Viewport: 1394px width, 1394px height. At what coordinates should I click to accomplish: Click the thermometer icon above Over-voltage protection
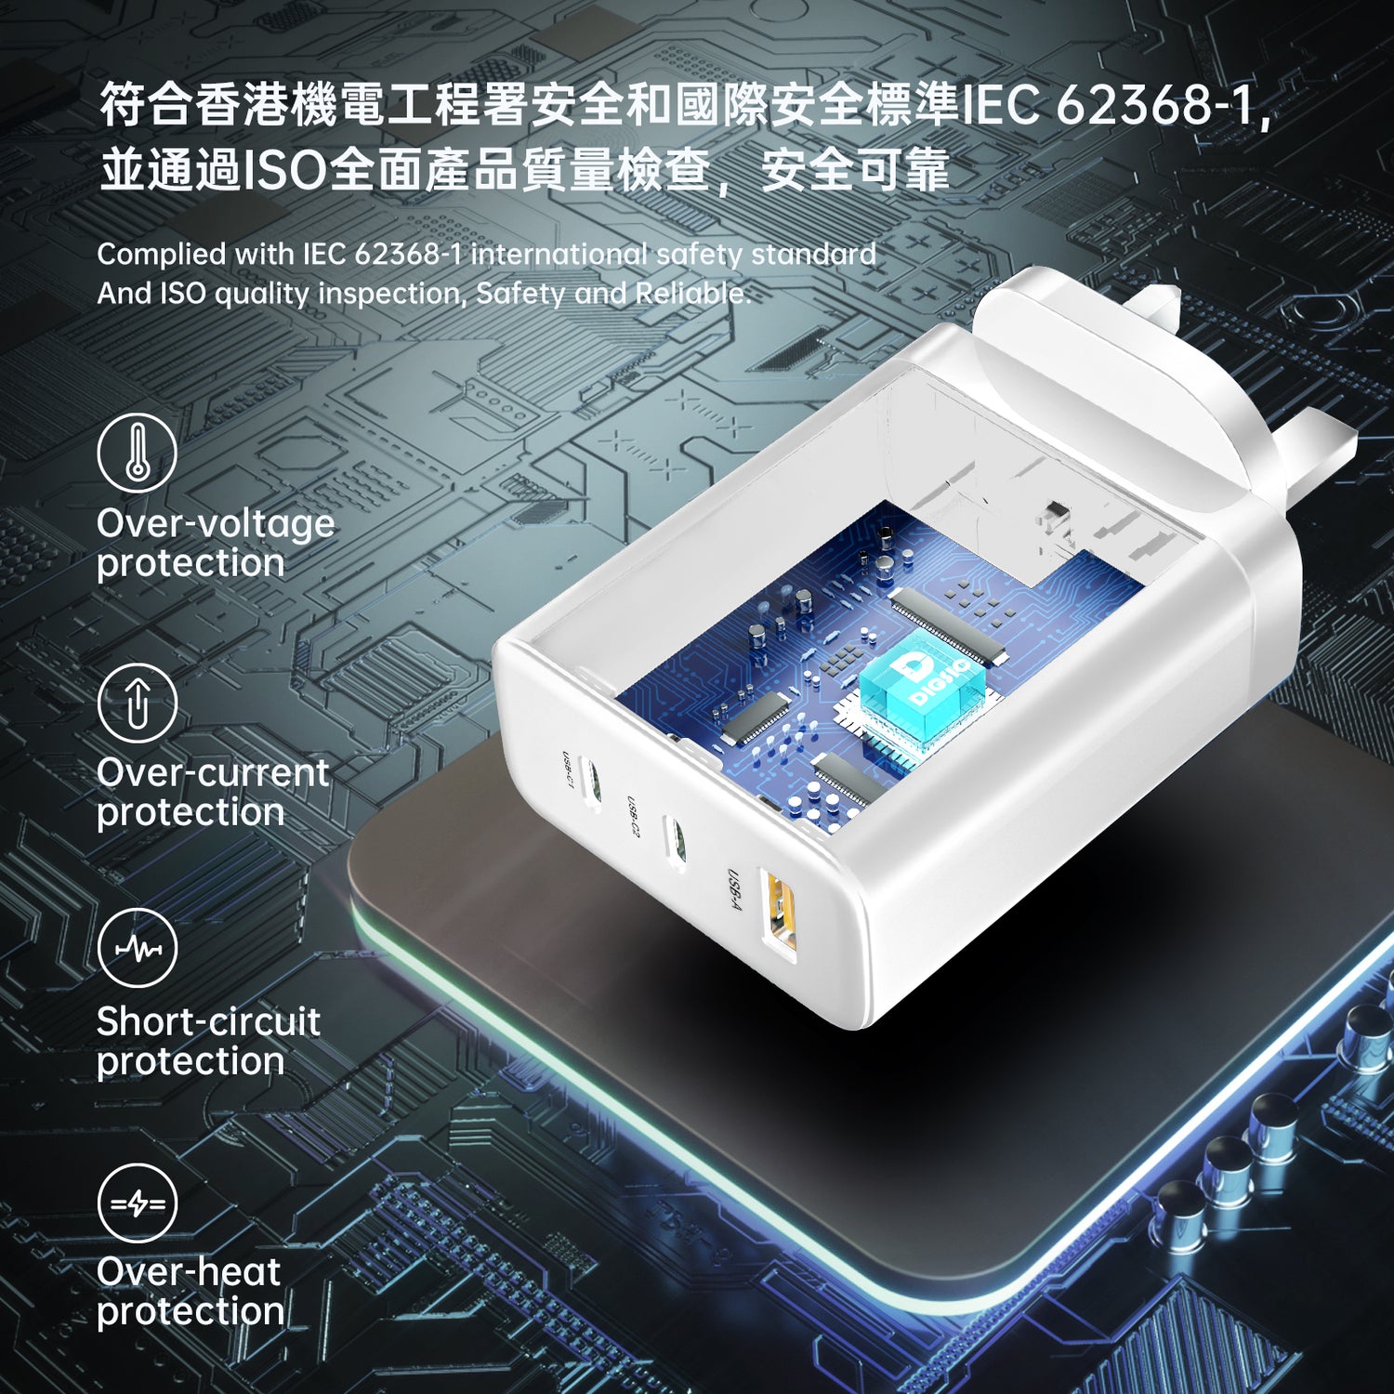[138, 453]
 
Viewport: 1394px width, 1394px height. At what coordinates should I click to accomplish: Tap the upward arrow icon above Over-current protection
[138, 703]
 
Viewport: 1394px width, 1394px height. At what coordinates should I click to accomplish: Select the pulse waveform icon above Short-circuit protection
[138, 948]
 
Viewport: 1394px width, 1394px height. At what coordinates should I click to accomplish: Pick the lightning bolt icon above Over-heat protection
[138, 1203]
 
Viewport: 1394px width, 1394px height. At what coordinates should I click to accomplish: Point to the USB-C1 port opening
[591, 781]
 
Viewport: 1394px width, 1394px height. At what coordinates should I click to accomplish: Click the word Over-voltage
[216, 523]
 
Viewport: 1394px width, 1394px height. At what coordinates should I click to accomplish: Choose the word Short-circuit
[208, 1021]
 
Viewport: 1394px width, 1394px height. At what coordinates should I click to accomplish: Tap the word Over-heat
[189, 1271]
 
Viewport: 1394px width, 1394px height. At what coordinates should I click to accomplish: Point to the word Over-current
[213, 772]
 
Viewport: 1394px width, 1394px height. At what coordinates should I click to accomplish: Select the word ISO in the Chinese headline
[284, 171]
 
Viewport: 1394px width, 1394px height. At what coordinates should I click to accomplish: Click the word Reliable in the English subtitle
[692, 294]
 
